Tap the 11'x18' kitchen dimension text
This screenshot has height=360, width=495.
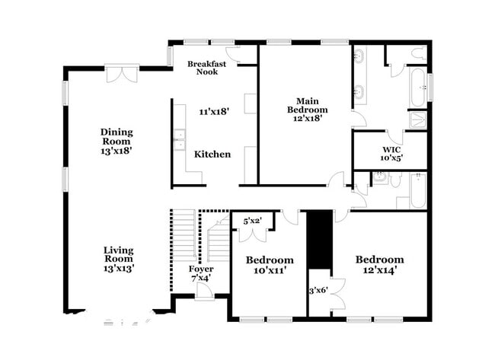coord(214,111)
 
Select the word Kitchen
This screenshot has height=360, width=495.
coord(212,155)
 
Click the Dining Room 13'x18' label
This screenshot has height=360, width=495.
coord(117,142)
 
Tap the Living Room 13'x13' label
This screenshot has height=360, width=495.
coord(118,260)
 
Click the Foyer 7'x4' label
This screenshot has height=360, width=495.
coord(201,274)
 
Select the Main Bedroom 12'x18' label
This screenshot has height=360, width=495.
coord(307,109)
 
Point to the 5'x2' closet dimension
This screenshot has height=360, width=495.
coord(253,221)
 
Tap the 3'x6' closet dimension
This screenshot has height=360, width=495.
coord(318,290)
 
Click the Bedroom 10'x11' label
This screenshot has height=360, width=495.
coord(270,265)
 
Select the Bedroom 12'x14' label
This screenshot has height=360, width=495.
coord(379,264)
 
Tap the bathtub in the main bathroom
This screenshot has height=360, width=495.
coord(417,89)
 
